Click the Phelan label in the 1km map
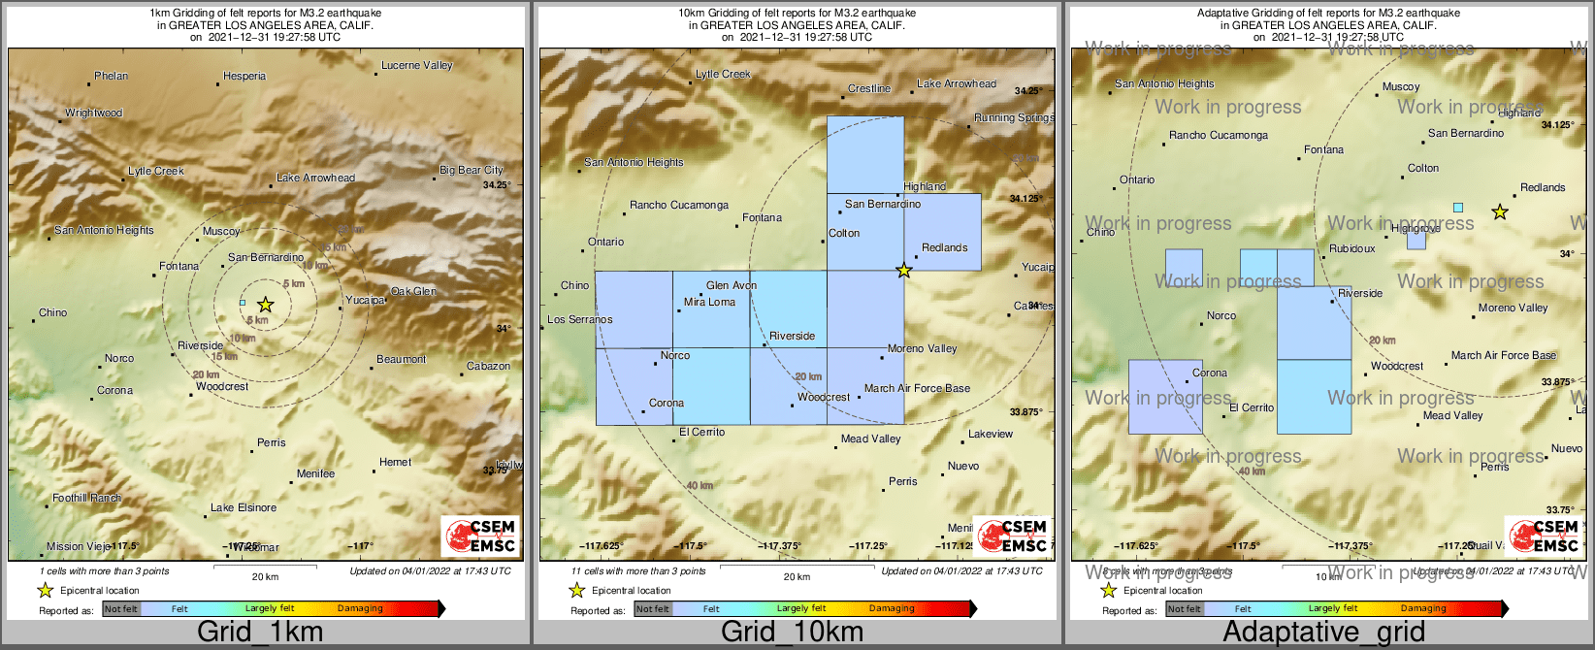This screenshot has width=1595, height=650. [x=111, y=76]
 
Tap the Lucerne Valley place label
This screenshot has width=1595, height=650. [x=417, y=65]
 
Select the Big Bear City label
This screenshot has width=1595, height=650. [x=472, y=170]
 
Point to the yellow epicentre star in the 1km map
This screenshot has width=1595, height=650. [x=265, y=305]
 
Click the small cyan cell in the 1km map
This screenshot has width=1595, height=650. [x=243, y=303]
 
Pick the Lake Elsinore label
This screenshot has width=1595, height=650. [x=244, y=507]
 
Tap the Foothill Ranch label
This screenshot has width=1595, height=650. [x=87, y=498]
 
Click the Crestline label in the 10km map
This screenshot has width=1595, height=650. [x=869, y=88]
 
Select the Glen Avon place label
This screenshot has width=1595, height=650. [x=732, y=285]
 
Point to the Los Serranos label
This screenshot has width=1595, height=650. [x=580, y=319]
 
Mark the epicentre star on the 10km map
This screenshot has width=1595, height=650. [x=904, y=271]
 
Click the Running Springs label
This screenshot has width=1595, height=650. [x=1014, y=117]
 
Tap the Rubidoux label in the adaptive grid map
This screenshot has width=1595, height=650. [x=1352, y=248]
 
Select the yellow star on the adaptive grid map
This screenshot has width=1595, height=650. [x=1500, y=211]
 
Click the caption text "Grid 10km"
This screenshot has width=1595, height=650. [x=792, y=633]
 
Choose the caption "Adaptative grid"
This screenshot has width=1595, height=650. [x=1323, y=633]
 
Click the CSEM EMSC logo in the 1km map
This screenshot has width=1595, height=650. [x=480, y=536]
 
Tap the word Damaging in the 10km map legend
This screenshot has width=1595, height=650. [x=892, y=608]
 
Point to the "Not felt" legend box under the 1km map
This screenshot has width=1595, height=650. [x=121, y=609]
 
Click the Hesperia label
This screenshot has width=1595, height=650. [x=244, y=76]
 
